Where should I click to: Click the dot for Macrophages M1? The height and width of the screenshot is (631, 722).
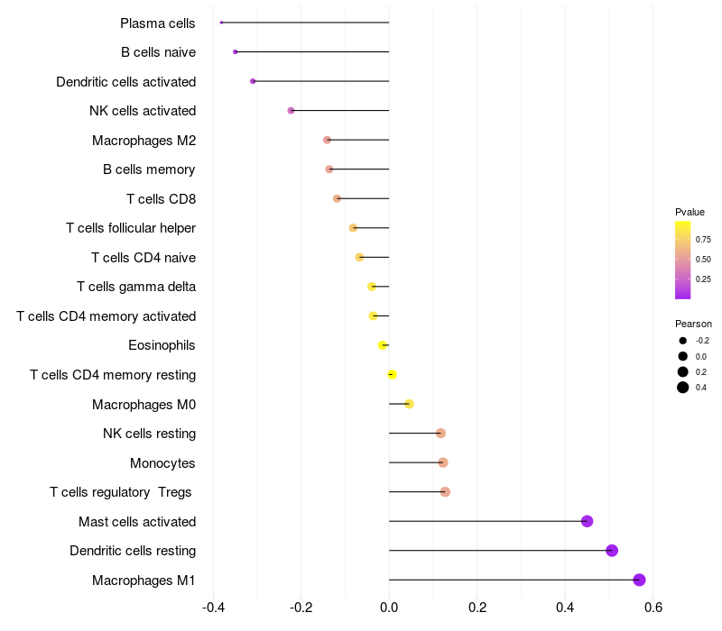(639, 580)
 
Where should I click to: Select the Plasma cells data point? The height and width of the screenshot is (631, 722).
(221, 23)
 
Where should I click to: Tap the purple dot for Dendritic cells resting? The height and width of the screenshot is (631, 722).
(612, 551)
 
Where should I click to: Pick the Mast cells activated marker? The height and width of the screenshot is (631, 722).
(587, 521)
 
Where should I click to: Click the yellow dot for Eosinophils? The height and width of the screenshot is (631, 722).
(383, 345)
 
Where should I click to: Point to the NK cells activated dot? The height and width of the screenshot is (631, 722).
(291, 111)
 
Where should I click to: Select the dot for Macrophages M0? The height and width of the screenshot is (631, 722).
(409, 404)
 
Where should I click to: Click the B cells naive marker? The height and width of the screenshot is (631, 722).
(236, 52)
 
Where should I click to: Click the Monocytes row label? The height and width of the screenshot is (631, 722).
(162, 462)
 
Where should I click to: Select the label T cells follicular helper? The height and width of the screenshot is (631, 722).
(131, 228)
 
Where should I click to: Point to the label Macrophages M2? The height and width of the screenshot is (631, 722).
(143, 140)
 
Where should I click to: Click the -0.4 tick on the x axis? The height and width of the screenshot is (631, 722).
(213, 607)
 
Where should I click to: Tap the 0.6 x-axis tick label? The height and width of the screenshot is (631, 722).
(653, 607)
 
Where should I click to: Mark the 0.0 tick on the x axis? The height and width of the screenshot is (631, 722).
(389, 607)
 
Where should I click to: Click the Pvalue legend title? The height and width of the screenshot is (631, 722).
(690, 212)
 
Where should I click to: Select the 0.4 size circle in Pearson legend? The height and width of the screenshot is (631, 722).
(683, 388)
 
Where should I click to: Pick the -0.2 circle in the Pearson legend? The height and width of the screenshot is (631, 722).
(683, 341)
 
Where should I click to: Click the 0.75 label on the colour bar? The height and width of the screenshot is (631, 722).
(702, 239)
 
